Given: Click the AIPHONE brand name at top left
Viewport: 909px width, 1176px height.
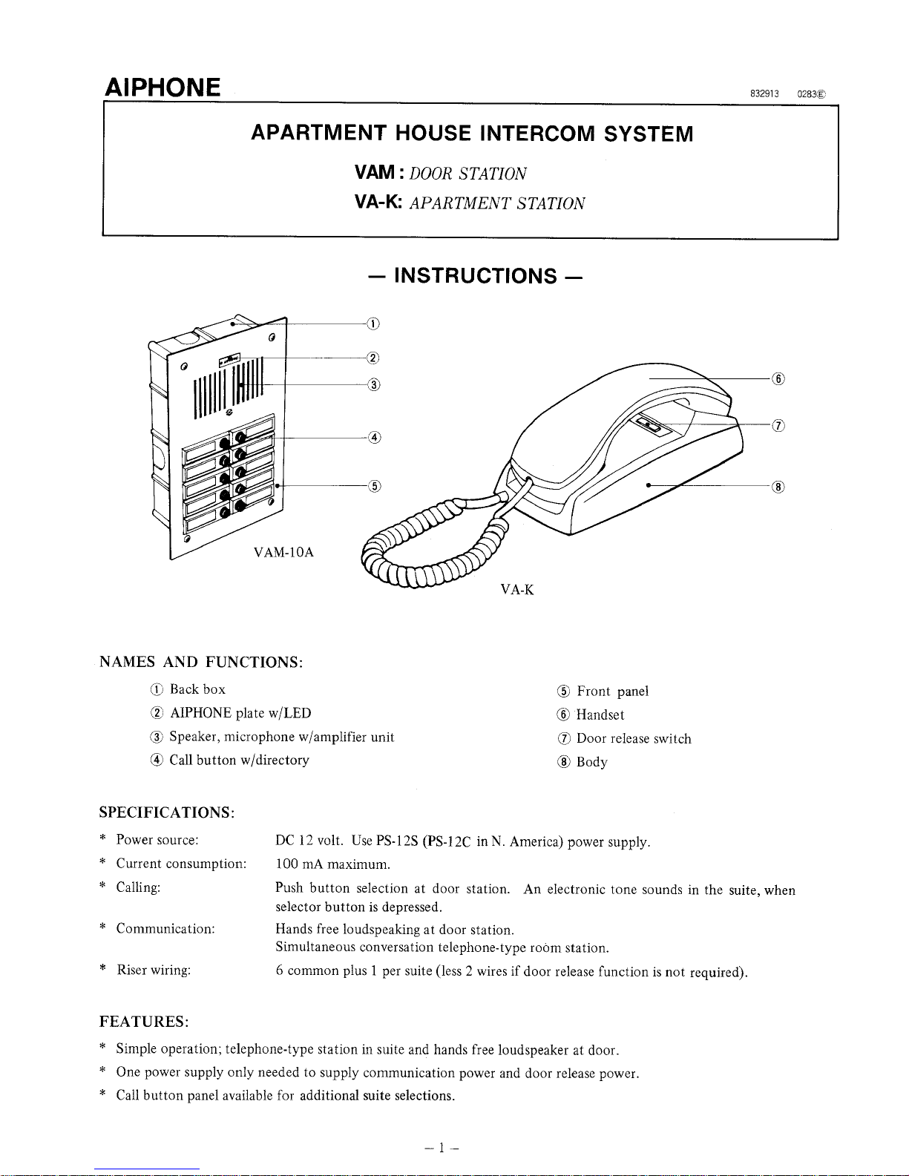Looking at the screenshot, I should pyautogui.click(x=163, y=88).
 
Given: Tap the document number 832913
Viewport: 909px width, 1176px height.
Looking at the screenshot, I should pyautogui.click(x=764, y=94).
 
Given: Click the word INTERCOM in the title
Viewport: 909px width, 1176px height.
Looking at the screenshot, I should pyautogui.click(x=537, y=134).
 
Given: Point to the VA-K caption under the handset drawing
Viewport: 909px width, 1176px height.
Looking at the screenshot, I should pyautogui.click(x=517, y=591).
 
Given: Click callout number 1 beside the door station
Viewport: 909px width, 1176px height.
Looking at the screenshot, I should pyautogui.click(x=373, y=323).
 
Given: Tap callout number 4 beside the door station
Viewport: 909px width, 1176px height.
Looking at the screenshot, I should pyautogui.click(x=374, y=438).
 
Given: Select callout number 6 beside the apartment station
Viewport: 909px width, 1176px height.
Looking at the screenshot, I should pyautogui.click(x=778, y=378).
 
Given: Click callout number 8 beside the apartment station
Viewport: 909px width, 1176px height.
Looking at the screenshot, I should pyautogui.click(x=778, y=487).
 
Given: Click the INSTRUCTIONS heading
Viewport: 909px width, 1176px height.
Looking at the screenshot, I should pyautogui.click(x=475, y=276).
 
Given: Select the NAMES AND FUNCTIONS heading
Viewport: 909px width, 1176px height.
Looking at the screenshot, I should pyautogui.click(x=200, y=662).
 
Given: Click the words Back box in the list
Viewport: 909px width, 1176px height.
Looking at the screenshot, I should pyautogui.click(x=197, y=689).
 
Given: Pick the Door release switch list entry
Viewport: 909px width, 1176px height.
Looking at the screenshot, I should pyautogui.click(x=633, y=738).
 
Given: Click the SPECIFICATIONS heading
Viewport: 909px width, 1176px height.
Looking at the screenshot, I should pyautogui.click(x=167, y=812).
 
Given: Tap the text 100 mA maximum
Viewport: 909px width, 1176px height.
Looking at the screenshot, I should pyautogui.click(x=332, y=864).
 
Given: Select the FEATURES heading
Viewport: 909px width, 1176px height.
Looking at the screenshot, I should pyautogui.click(x=144, y=1022).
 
